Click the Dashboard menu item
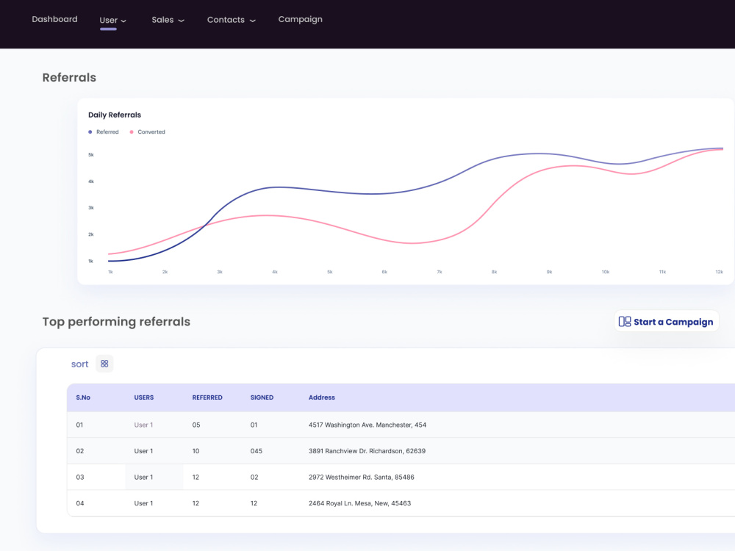[54, 19]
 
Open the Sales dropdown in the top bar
[168, 20]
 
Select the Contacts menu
[231, 20]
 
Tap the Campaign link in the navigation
[300, 20]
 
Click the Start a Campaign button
[666, 322]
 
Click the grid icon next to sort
[104, 364]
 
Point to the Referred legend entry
[104, 132]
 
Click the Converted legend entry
[147, 132]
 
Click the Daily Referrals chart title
[115, 115]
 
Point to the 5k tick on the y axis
[91, 154]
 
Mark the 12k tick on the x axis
[719, 272]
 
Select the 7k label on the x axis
[440, 272]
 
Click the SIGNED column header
[262, 397]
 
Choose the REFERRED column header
[207, 397]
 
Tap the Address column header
[322, 397]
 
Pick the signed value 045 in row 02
[256, 451]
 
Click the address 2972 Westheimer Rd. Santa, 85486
[362, 477]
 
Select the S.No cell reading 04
[80, 503]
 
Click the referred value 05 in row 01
[196, 425]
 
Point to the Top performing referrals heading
[116, 322]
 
